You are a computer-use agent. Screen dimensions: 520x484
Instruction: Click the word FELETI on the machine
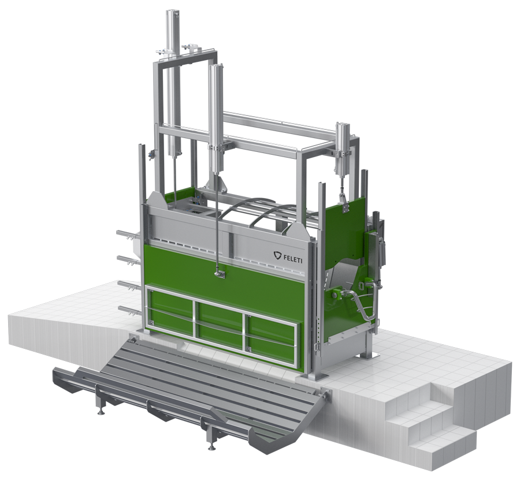click(x=292, y=257)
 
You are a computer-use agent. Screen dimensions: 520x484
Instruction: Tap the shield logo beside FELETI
click(x=277, y=255)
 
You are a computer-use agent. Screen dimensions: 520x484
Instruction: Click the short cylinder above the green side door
click(x=343, y=148)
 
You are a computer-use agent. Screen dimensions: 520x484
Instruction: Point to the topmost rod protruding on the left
click(x=128, y=234)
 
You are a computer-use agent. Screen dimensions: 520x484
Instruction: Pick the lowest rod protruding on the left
click(x=129, y=310)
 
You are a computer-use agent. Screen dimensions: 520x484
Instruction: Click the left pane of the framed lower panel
click(x=171, y=313)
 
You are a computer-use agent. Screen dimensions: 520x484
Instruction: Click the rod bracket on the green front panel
click(x=218, y=274)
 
